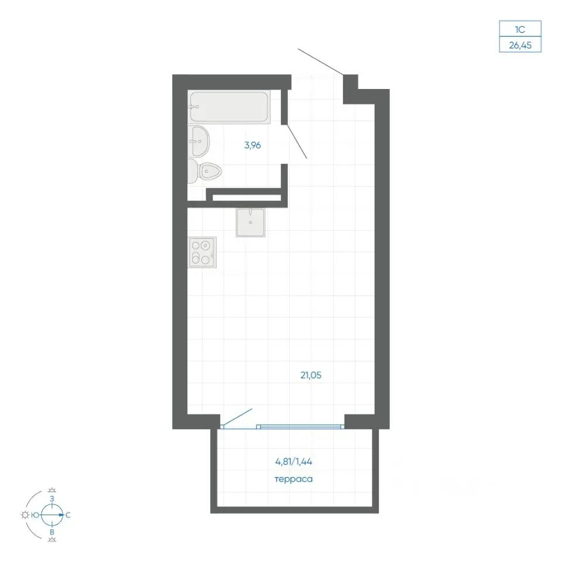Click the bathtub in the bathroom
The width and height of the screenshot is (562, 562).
click(x=229, y=107)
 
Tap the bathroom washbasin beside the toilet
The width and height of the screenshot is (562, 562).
click(x=198, y=141)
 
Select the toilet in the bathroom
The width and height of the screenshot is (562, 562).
click(x=205, y=172)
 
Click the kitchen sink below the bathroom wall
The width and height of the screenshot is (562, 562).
click(x=251, y=222)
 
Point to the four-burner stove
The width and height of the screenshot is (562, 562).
click(x=203, y=252)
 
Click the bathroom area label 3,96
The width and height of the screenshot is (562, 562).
click(x=252, y=145)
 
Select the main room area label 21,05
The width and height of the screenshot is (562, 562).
click(x=311, y=375)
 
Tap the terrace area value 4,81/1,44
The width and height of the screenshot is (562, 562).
click(x=293, y=462)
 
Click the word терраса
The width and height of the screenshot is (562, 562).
click(x=293, y=479)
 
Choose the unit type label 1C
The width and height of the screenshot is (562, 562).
click(x=520, y=29)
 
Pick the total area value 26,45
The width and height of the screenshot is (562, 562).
click(x=520, y=46)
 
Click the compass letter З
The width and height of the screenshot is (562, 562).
click(x=52, y=499)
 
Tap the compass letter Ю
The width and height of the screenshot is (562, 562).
click(x=35, y=515)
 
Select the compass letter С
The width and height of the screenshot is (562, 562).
click(x=68, y=515)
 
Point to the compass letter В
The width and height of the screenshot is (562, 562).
click(x=52, y=532)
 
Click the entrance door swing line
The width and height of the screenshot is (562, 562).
click(x=320, y=62)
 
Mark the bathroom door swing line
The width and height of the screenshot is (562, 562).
click(x=297, y=141)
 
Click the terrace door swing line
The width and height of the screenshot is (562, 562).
click(x=237, y=417)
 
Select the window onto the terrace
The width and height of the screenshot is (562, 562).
click(x=300, y=427)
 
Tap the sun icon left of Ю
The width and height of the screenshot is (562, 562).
click(x=25, y=515)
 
